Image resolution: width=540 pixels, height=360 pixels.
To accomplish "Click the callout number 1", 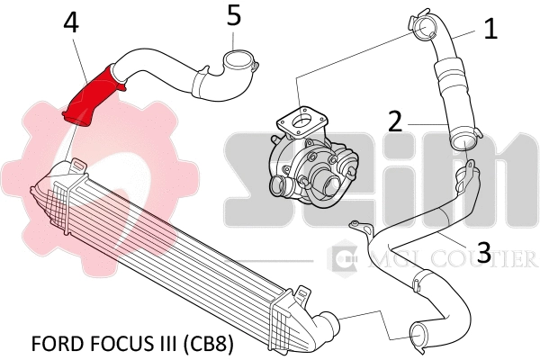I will (490, 29).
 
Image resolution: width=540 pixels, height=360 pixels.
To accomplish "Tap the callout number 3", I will (483, 253).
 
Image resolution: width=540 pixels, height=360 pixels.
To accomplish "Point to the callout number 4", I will (71, 23).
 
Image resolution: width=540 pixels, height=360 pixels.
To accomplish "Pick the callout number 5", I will (234, 15).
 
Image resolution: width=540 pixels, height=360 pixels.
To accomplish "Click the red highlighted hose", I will (90, 94).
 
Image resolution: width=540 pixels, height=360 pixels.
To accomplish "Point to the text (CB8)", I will (211, 345).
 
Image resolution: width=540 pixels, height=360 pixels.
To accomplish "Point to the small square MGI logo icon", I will (343, 259).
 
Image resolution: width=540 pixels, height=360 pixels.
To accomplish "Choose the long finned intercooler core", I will (171, 243).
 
